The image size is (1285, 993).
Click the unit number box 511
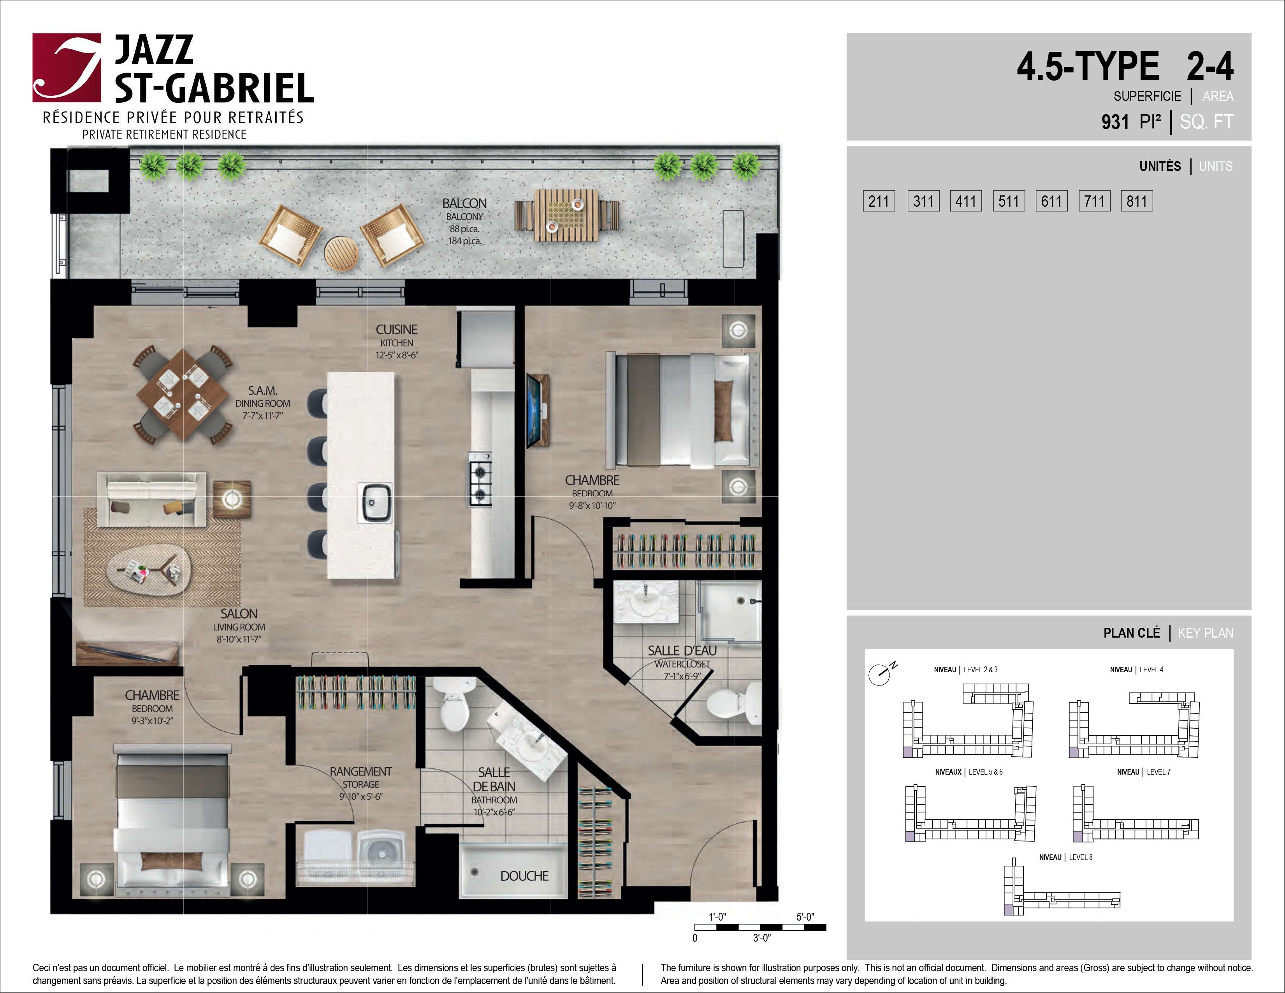(x=1009, y=201)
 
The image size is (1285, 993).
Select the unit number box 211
(x=879, y=201)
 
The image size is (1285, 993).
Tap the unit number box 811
(x=1137, y=201)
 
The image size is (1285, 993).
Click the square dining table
(x=183, y=394)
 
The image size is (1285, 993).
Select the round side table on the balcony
(x=341, y=253)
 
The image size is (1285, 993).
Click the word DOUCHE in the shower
(x=524, y=876)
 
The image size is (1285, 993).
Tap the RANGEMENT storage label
(x=361, y=771)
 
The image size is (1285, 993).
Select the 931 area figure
(x=1115, y=122)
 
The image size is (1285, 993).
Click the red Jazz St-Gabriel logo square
(x=67, y=68)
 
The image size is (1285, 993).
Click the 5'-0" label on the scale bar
(x=805, y=917)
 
